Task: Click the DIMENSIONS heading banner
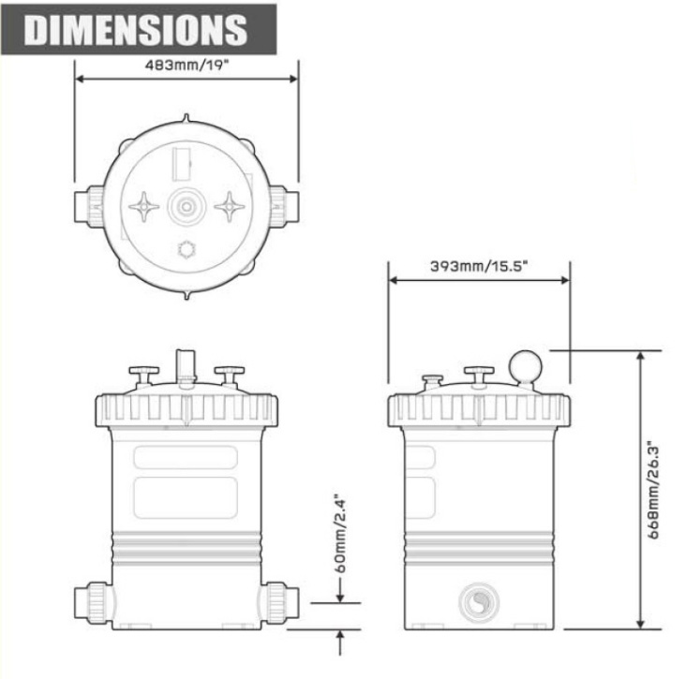tap(139, 30)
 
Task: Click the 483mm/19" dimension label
tap(186, 66)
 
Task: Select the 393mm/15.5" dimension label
tap(479, 266)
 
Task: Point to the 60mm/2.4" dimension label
tap(340, 534)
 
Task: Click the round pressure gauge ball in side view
tap(525, 366)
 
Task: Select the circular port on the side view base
tap(479, 602)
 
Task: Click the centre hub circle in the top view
tap(186, 206)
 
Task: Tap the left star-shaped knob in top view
tap(144, 206)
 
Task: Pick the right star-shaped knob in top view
tap(230, 206)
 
